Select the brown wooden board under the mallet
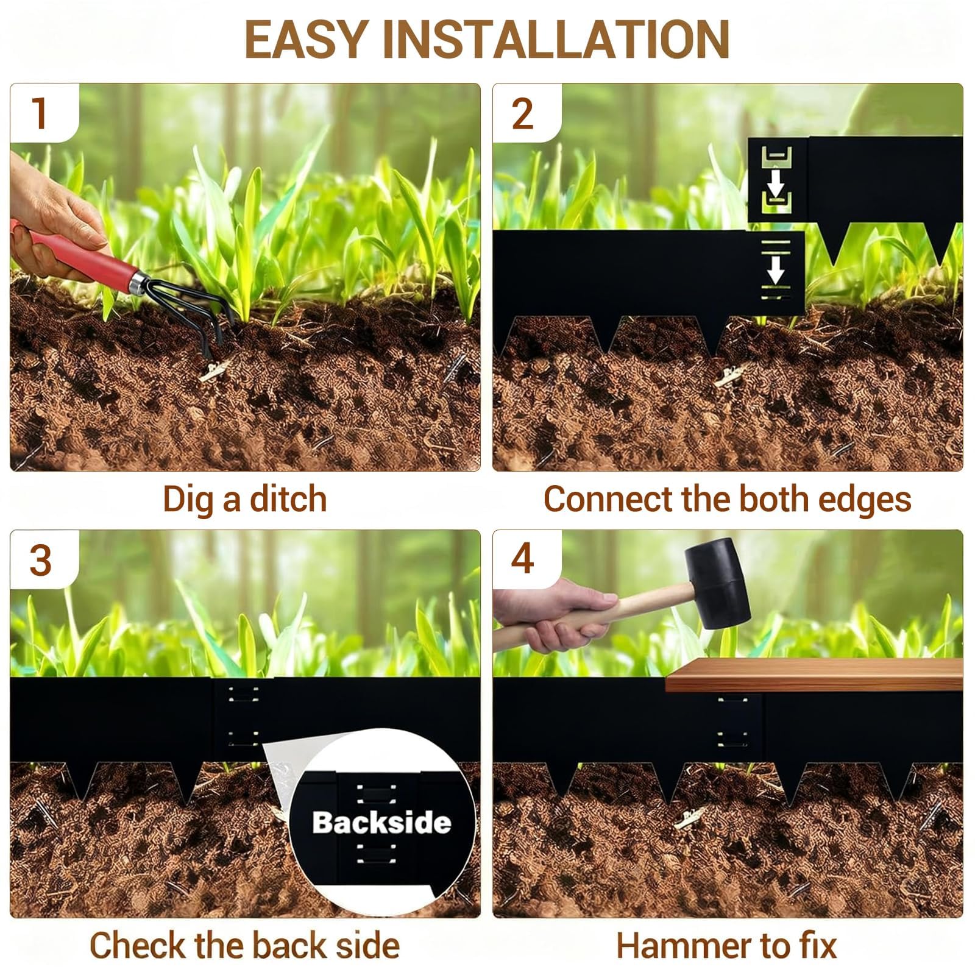point(814,675)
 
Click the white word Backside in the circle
point(382,823)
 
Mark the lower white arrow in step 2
point(776,269)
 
